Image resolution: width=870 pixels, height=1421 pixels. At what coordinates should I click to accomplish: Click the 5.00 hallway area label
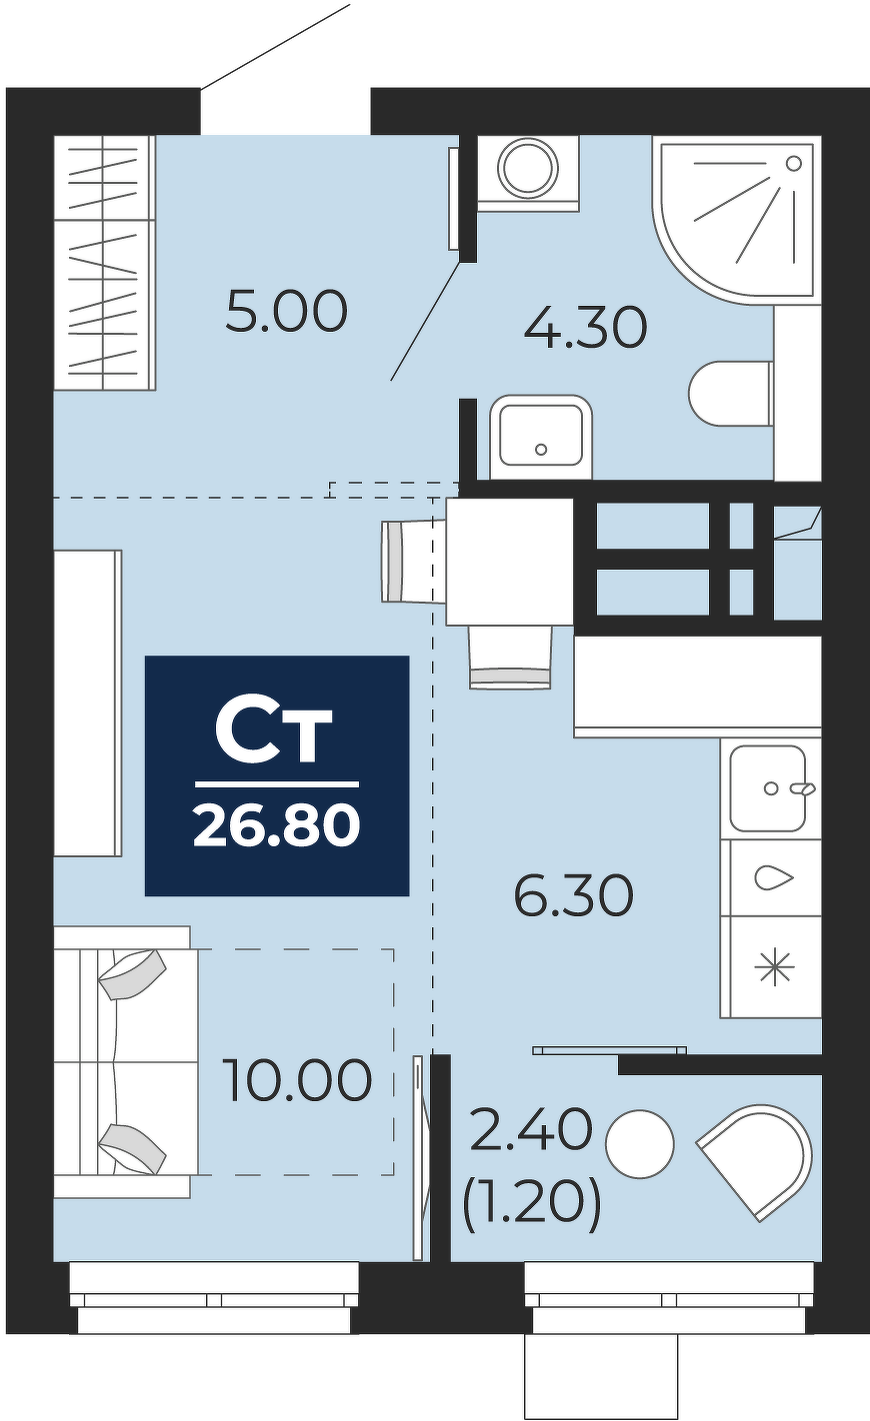point(286,311)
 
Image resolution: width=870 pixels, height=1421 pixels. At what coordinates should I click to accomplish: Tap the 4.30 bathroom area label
point(585,328)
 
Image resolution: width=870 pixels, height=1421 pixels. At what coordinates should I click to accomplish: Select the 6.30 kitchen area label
point(574,895)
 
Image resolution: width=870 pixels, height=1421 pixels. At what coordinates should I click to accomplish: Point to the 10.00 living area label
point(297,1080)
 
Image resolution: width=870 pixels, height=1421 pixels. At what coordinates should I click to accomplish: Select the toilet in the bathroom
point(731,395)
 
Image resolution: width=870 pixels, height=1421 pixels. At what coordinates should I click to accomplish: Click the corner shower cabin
point(737,219)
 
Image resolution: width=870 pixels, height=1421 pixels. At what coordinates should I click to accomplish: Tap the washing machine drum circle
point(528,169)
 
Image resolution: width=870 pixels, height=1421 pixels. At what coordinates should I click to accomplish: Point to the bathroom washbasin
point(541,437)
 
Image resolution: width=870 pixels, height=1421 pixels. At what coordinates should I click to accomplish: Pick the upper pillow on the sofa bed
point(132,973)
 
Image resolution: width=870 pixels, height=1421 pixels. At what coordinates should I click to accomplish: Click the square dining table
point(510,562)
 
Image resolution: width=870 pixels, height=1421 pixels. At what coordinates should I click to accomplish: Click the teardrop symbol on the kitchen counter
point(774,878)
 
